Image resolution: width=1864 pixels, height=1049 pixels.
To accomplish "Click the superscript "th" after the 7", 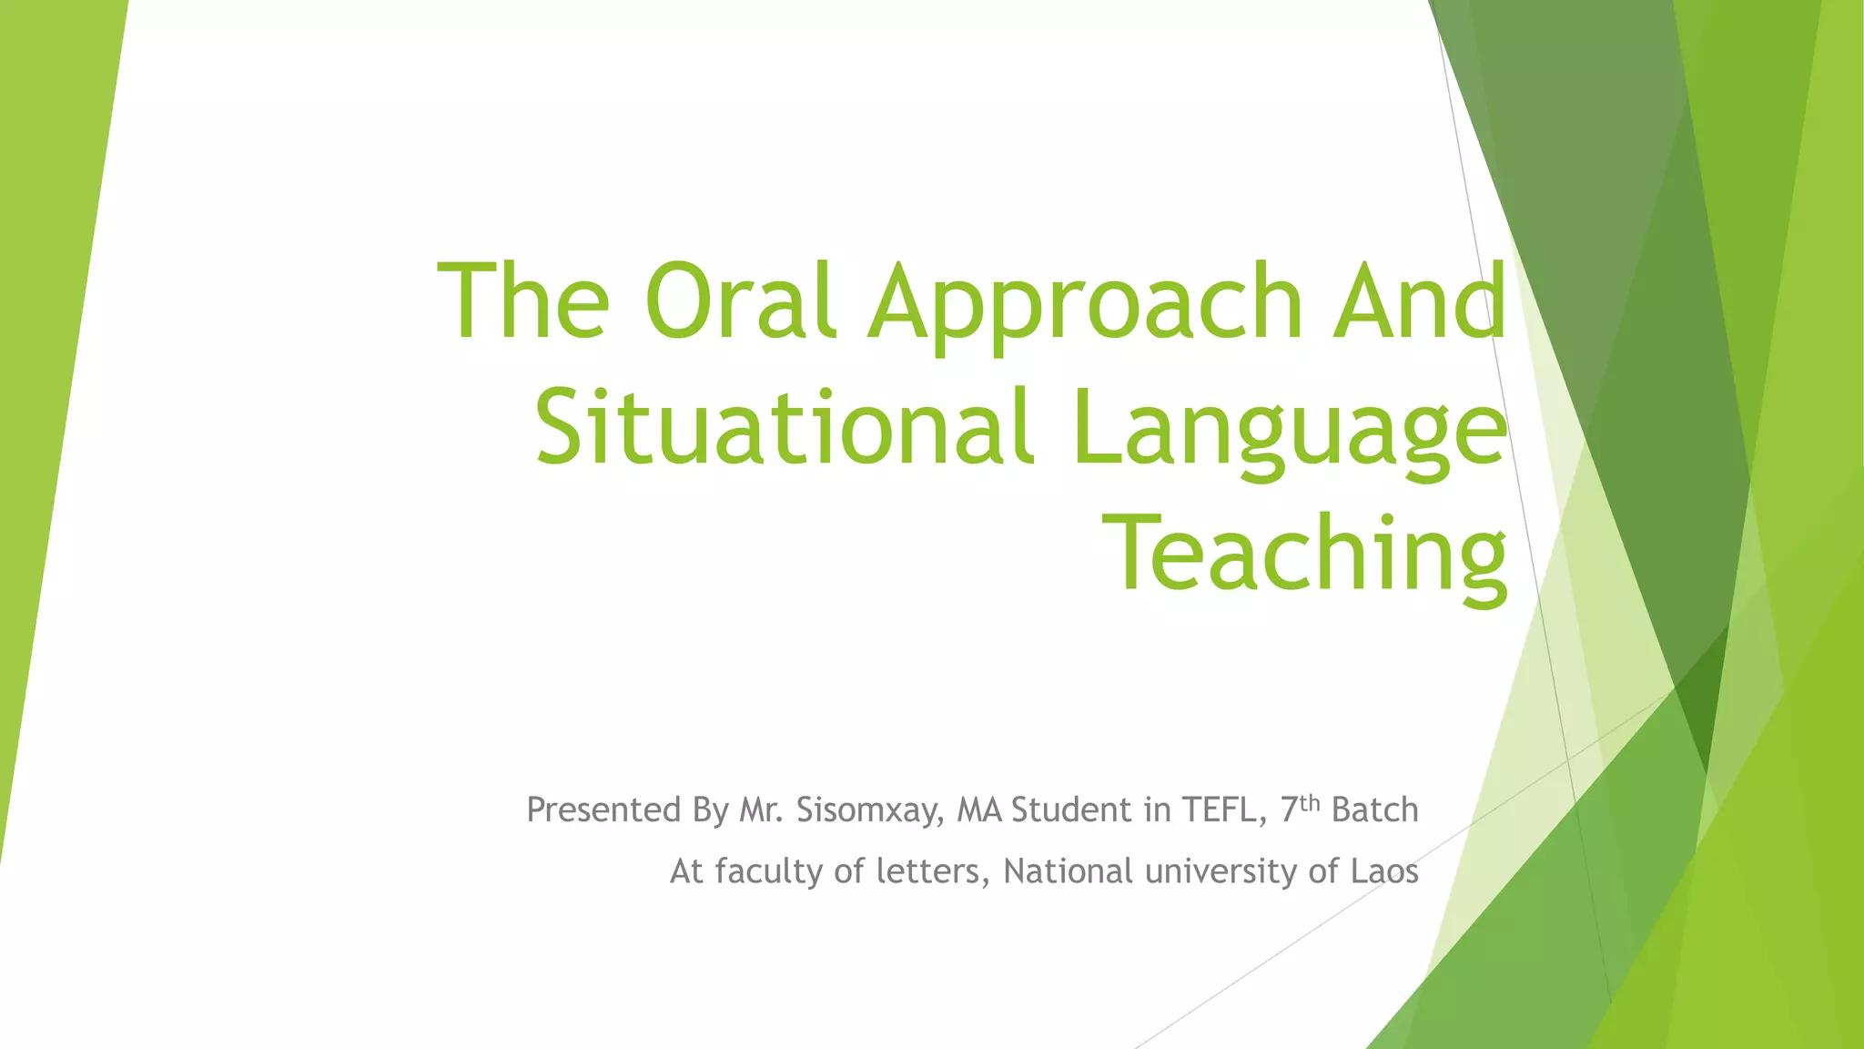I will (1309, 802).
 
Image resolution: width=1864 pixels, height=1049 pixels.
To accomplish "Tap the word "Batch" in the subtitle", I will (1374, 810).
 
